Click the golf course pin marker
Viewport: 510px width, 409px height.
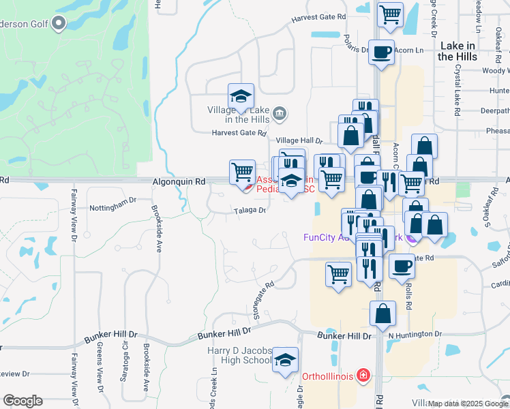click(59, 24)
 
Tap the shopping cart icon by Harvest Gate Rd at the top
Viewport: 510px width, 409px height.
click(390, 14)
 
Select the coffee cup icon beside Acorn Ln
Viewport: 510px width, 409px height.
click(381, 52)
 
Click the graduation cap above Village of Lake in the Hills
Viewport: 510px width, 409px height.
click(241, 96)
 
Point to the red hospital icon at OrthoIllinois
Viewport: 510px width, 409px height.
click(364, 376)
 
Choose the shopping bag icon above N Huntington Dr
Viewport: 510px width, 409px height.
click(382, 314)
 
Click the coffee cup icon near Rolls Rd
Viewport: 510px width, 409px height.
click(402, 266)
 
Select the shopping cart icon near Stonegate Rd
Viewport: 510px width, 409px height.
click(338, 275)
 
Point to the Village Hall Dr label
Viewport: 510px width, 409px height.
click(299, 140)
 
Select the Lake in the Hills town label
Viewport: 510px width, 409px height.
click(457, 51)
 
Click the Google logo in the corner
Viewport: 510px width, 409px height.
click(22, 401)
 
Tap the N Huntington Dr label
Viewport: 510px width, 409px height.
click(415, 334)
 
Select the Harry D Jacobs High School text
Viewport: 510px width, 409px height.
click(239, 355)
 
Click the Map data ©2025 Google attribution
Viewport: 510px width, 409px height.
click(468, 404)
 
